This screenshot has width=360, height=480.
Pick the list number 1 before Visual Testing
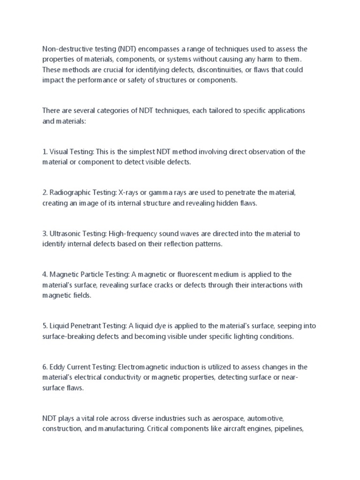(x=45, y=152)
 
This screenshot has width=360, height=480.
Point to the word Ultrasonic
(x=64, y=234)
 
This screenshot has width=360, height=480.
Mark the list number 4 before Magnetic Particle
(x=45, y=275)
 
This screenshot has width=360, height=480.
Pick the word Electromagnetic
(x=148, y=367)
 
